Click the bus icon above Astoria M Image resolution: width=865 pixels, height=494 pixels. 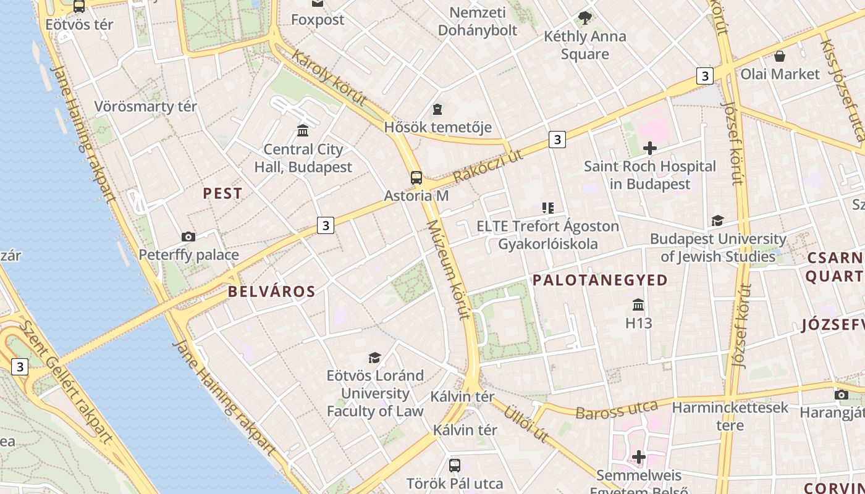[416, 178]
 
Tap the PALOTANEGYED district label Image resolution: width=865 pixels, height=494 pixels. [600, 280]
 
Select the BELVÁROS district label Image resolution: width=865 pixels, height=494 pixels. [271, 291]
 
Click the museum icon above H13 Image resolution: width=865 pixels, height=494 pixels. [638, 305]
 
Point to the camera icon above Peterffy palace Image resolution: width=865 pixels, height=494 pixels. [188, 237]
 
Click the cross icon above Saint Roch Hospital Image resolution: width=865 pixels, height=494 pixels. [649, 148]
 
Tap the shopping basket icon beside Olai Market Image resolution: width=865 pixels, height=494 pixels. [780, 56]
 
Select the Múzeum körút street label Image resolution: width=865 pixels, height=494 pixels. [447, 269]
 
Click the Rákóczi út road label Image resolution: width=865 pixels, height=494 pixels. [488, 165]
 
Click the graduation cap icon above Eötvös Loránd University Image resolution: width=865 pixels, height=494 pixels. [374, 358]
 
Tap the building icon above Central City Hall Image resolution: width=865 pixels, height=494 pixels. [303, 130]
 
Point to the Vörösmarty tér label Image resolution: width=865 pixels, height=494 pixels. [145, 106]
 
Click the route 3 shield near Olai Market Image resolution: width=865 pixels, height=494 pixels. [704, 76]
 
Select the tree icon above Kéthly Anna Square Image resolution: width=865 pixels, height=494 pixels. [584, 18]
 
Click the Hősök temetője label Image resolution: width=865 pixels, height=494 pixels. [437, 127]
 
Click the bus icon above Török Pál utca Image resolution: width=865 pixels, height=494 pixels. [455, 465]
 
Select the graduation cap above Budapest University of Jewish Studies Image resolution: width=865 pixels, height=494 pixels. [717, 220]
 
